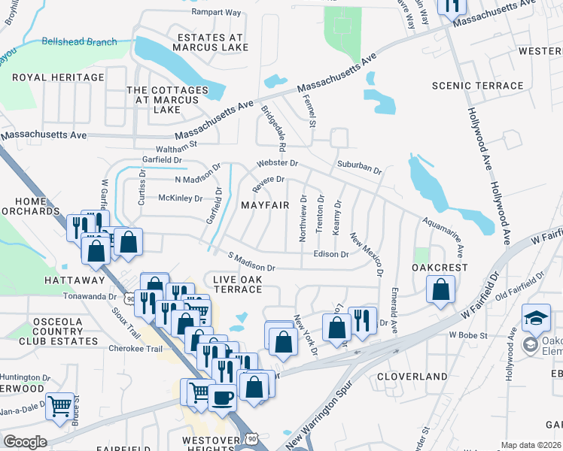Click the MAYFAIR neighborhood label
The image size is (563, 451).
[x=265, y=205]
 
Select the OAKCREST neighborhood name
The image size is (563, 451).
[x=440, y=268]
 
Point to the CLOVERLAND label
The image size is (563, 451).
[x=407, y=374]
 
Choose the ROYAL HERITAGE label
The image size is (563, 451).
[x=57, y=77]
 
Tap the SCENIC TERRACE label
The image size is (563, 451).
[x=476, y=86]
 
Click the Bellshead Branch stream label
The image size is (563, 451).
[x=80, y=42]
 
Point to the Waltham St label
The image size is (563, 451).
[x=175, y=144]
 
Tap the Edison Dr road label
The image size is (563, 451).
[x=330, y=254]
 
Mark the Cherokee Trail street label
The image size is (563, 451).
[x=135, y=349]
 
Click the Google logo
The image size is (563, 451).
[x=25, y=442]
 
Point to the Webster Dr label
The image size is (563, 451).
[x=278, y=163]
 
